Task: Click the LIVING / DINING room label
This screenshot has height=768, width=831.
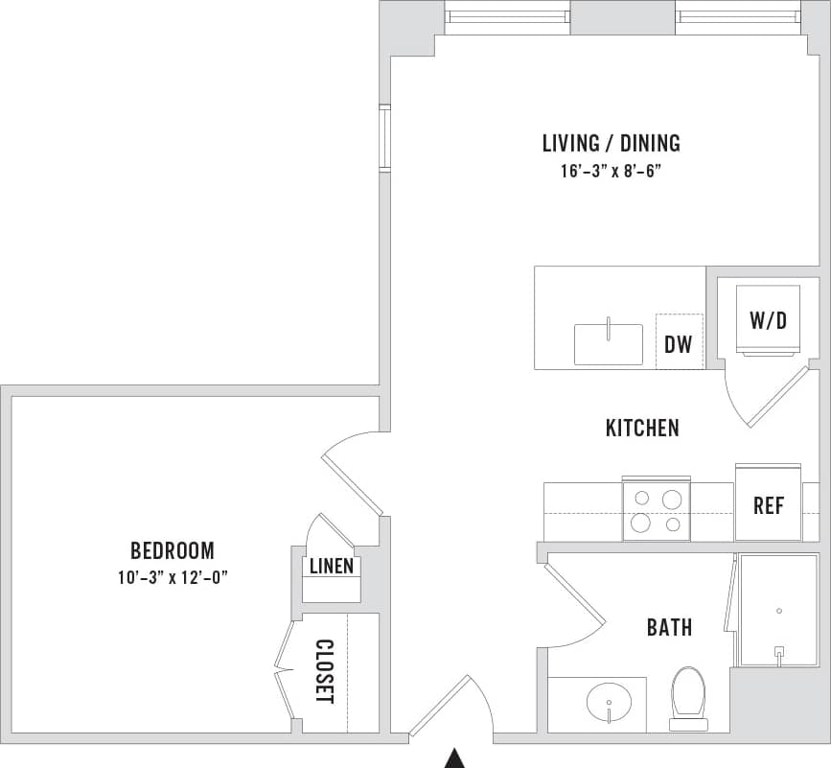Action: coord(611,144)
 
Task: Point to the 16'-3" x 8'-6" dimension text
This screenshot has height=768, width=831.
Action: coord(611,171)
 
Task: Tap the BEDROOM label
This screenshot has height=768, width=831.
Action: coord(173,550)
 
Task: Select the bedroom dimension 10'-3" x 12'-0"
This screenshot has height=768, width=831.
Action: coord(173,577)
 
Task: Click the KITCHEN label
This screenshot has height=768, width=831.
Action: coord(642,428)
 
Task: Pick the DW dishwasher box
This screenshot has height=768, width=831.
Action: coord(679,341)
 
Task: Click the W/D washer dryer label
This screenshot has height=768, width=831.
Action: coord(768,320)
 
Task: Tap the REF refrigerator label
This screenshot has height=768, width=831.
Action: coord(769,505)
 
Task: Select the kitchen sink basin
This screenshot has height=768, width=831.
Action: coord(609,344)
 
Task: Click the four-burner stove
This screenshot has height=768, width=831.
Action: coord(657,509)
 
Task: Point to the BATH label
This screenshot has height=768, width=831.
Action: coord(669,628)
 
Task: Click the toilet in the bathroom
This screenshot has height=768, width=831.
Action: coord(688,695)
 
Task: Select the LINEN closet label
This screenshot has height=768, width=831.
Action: coord(332,567)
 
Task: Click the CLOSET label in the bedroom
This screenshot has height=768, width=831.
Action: coord(324,671)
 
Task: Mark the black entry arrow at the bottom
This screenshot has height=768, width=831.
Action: coord(454,758)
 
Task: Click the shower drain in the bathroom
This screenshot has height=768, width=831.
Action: coord(779,611)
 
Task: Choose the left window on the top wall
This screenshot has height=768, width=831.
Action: coord(508,16)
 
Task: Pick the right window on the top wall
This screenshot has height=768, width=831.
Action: coord(738,16)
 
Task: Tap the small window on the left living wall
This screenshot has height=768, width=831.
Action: coord(384,138)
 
